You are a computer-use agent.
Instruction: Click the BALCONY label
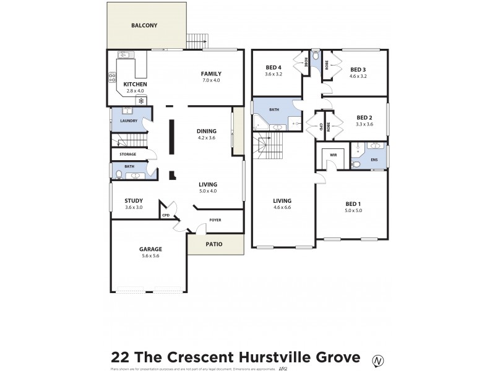(144, 26)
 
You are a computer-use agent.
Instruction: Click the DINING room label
(207, 130)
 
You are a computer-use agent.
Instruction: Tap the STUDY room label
(134, 200)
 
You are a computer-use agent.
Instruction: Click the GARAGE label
(150, 249)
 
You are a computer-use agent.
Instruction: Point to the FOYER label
(215, 220)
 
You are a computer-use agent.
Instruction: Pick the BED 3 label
(358, 69)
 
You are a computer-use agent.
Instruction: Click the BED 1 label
(353, 203)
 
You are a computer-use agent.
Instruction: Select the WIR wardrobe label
(333, 155)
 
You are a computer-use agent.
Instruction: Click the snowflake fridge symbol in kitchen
(141, 100)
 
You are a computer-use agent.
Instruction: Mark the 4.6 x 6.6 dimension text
(282, 208)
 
